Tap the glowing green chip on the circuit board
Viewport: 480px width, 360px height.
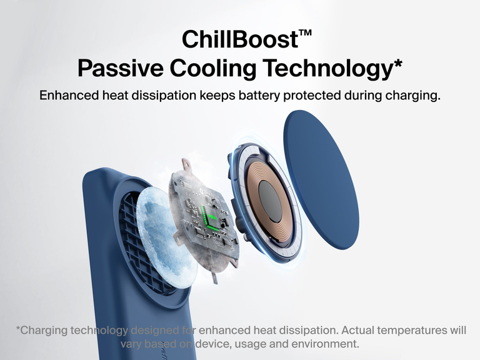point(211,219)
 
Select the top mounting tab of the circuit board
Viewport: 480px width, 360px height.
point(186,165)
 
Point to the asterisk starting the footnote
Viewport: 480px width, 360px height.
point(18,328)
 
